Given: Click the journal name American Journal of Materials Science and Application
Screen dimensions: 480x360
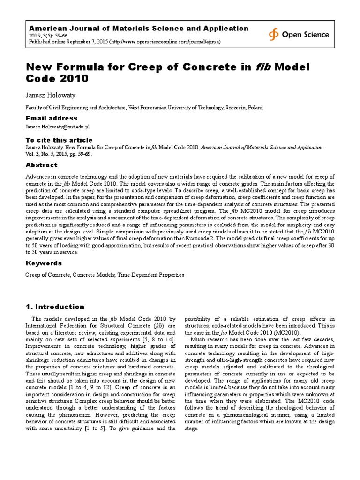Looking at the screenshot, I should (139, 29).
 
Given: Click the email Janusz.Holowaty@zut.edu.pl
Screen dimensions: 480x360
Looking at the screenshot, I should (57, 127).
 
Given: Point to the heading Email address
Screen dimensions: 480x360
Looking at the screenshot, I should (51, 118).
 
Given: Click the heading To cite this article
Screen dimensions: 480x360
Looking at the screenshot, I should (59, 140).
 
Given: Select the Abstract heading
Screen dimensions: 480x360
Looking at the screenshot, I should (41, 165).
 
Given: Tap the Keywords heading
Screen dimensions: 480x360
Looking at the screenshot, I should (43, 263).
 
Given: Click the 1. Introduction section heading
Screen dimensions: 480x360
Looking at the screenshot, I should (54, 307).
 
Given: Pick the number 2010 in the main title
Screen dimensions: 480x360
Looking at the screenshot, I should (75, 79).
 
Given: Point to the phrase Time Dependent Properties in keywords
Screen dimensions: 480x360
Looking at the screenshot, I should (150, 275).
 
